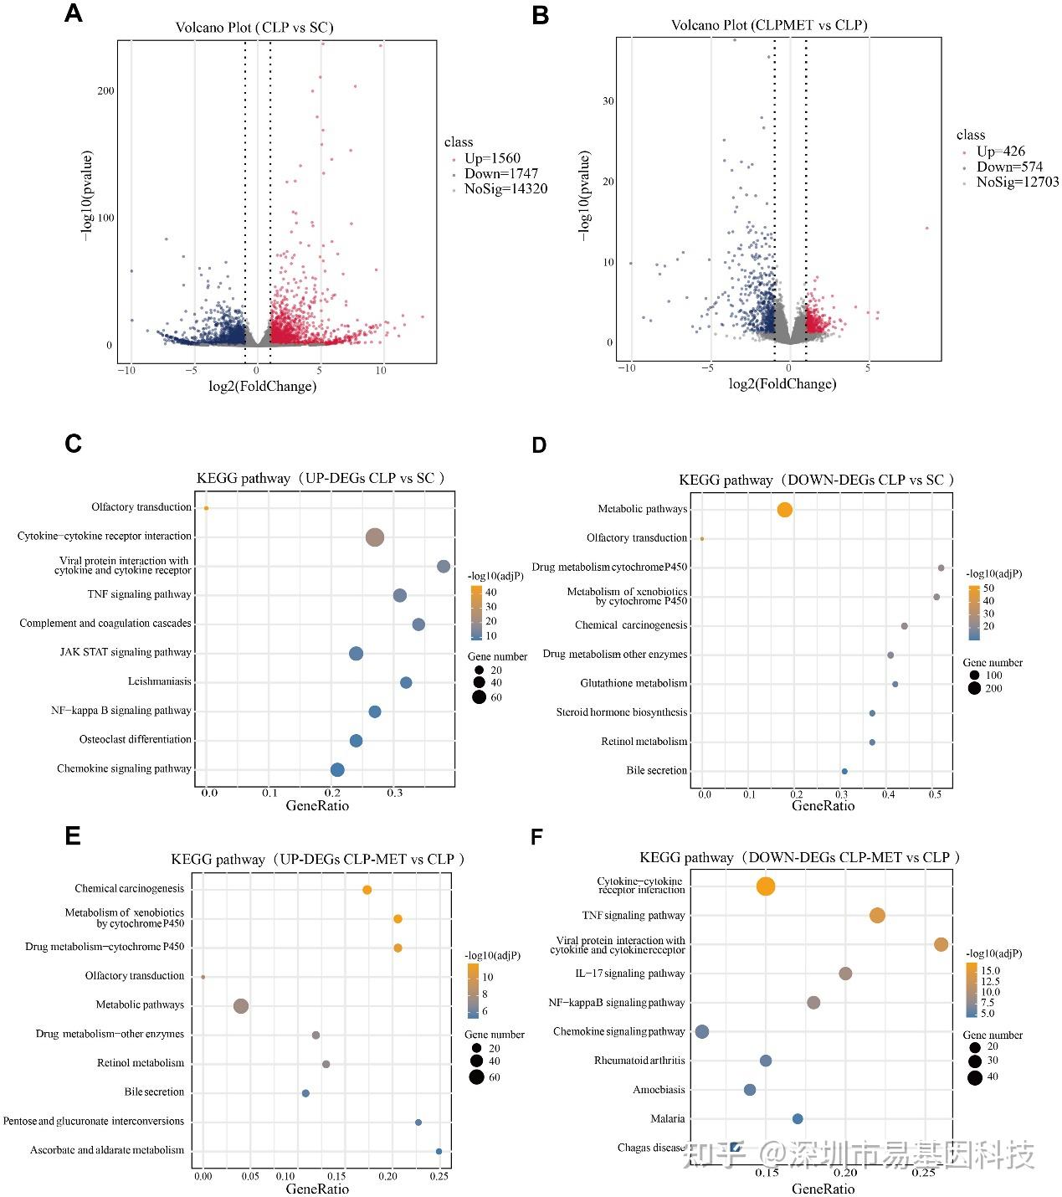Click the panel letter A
[74, 13]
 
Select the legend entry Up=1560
[492, 158]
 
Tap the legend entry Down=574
[1009, 167]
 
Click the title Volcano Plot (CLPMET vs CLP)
[769, 25]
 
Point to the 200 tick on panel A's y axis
[105, 90]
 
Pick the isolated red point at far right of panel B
[926, 228]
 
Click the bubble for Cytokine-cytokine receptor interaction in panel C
[375, 537]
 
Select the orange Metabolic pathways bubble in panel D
[784, 510]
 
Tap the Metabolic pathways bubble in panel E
[241, 1006]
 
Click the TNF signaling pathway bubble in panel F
[877, 916]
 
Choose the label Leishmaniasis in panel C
[159, 681]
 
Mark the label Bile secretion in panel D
[656, 770]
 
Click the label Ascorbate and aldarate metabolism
[107, 1150]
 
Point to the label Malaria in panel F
[667, 1118]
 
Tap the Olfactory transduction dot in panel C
[206, 508]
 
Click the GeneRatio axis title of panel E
[317, 1189]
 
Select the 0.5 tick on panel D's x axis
[935, 794]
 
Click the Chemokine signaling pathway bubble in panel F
[702, 1032]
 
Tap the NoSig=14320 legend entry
[505, 189]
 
